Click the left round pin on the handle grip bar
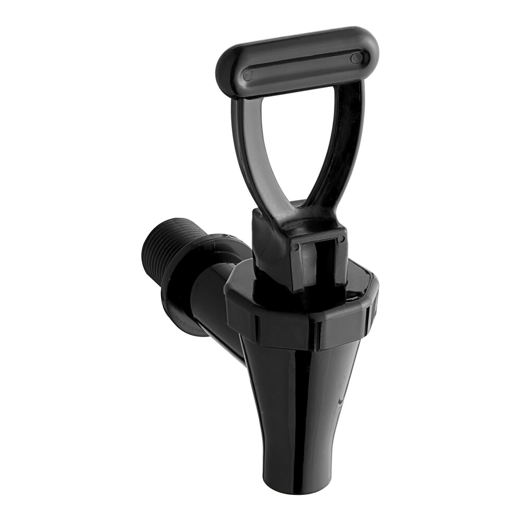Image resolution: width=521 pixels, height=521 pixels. (x=249, y=75)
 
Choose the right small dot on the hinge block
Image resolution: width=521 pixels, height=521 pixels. (x=342, y=239)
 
